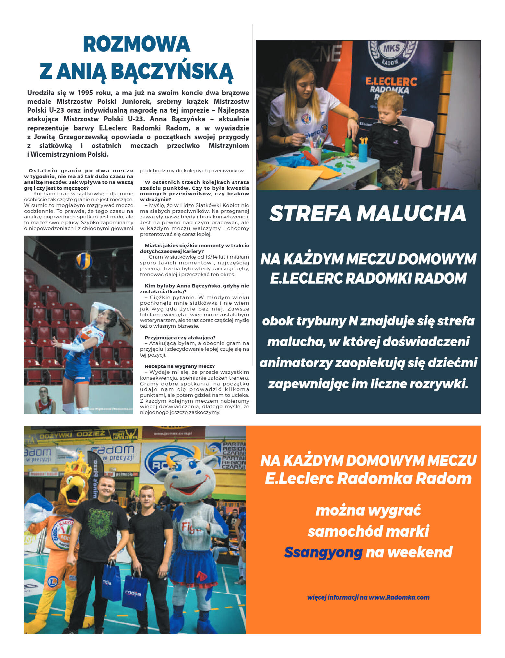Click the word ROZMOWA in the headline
click(x=136, y=44)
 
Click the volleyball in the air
click(x=84, y=261)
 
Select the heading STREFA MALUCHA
click(x=368, y=213)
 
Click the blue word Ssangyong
click(x=323, y=553)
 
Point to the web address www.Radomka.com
click(x=399, y=597)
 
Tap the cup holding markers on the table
click(x=316, y=154)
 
